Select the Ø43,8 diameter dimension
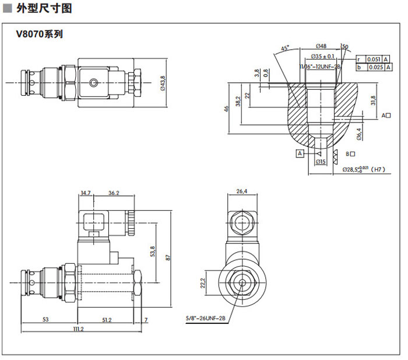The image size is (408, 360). pos(163,82)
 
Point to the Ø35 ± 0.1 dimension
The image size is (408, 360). pos(322,57)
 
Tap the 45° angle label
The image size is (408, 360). pos(285,48)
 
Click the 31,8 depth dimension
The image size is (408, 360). pos(374,100)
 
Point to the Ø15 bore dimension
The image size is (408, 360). pos(320,162)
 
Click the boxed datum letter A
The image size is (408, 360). pos(300,153)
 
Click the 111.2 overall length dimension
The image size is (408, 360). pos(78,330)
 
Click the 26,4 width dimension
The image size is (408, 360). pos(242,191)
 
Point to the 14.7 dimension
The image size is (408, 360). pos(86,193)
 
